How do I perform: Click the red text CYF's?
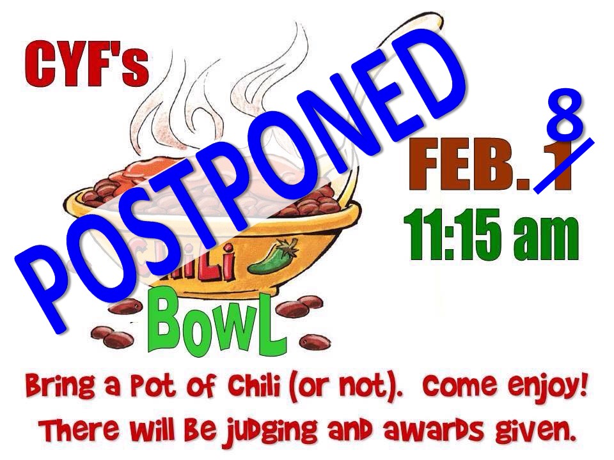[87, 65]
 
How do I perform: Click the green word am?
[547, 238]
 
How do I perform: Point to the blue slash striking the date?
[564, 166]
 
